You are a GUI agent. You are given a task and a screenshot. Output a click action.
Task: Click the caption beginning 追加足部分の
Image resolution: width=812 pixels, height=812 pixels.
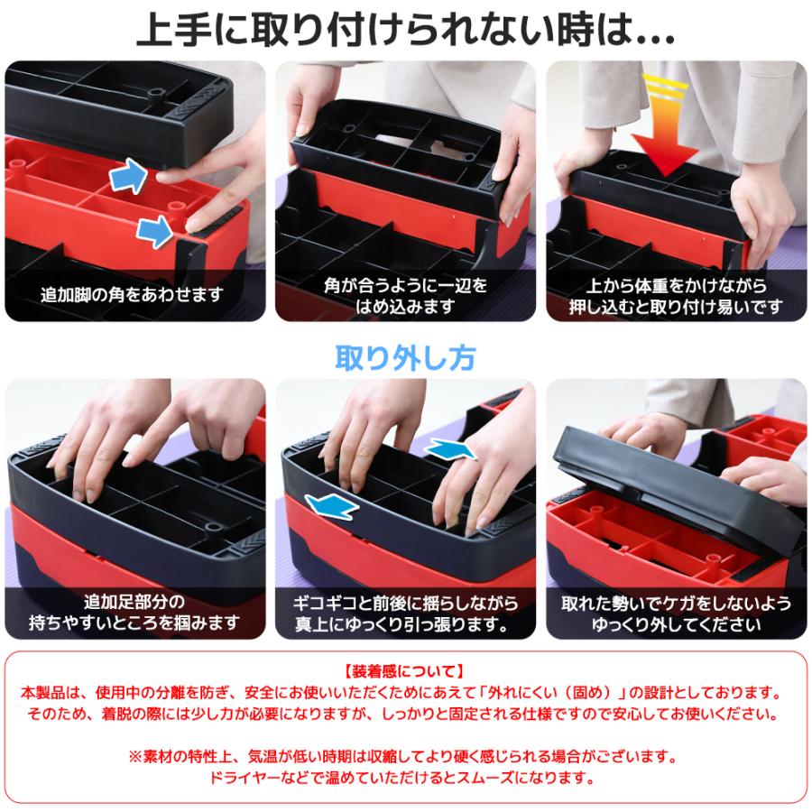135,613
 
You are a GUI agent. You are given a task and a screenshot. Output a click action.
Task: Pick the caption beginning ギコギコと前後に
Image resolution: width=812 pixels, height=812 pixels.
405,613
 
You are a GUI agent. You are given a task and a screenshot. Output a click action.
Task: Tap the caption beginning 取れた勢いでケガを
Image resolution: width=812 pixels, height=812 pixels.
676,613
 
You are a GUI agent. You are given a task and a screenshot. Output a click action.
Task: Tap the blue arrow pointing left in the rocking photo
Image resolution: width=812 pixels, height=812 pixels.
329,506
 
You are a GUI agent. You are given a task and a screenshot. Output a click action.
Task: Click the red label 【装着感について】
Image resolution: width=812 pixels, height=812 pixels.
405,671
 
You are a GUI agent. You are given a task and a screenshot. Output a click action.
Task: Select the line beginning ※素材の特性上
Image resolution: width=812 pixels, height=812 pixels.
405,755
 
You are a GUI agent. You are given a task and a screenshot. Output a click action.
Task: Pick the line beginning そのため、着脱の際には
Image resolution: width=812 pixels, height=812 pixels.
405,715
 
